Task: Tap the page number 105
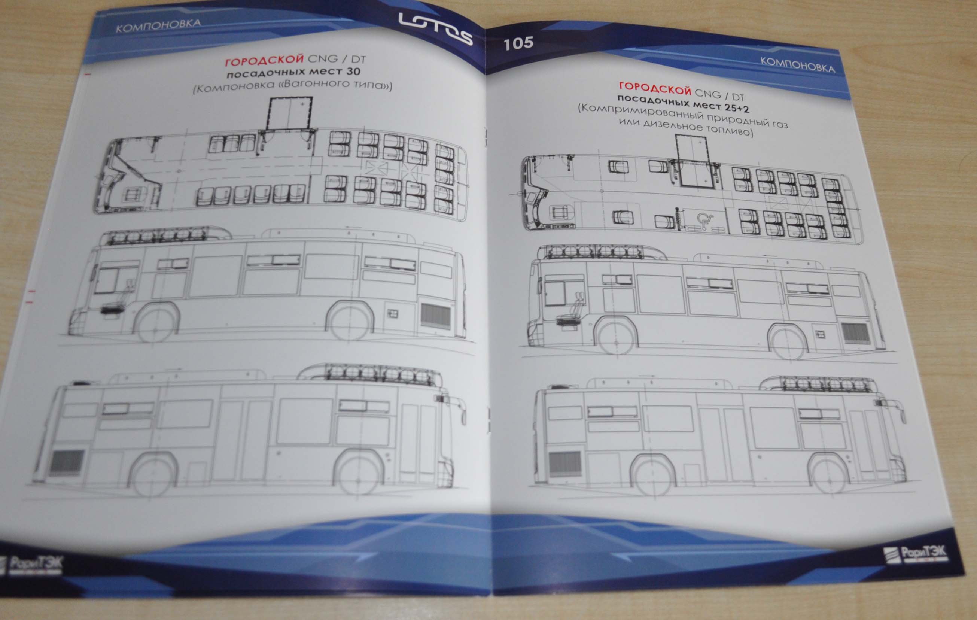pos(518,43)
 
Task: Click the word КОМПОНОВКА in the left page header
pos(158,25)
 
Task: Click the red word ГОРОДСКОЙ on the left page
pos(264,60)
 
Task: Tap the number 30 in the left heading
pos(353,72)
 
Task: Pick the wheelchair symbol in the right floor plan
pos(705,221)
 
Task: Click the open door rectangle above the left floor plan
pos(289,113)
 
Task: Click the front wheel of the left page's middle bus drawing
pos(156,323)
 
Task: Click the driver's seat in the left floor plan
pos(132,195)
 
